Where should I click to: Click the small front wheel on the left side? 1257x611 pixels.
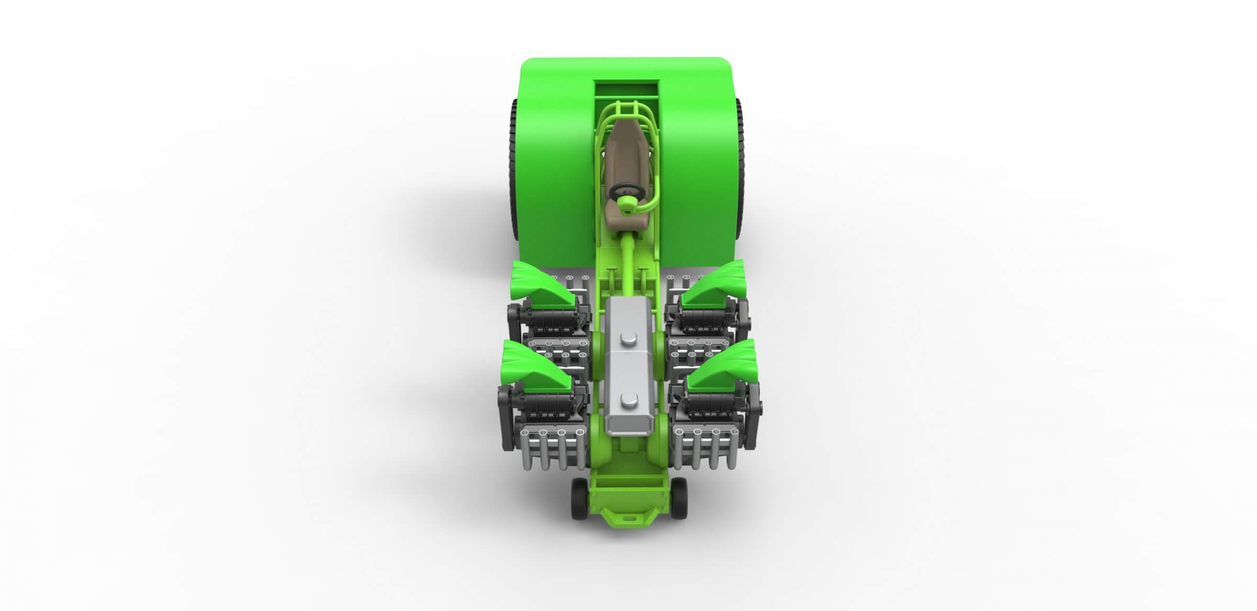(x=579, y=498)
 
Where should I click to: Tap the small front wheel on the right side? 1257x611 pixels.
(x=679, y=498)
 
